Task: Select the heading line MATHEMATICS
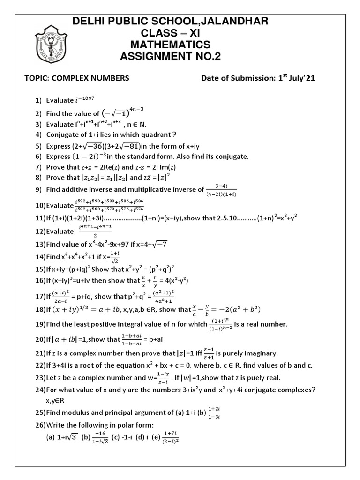pos(170,45)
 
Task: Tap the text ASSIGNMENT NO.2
pos(170,57)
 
